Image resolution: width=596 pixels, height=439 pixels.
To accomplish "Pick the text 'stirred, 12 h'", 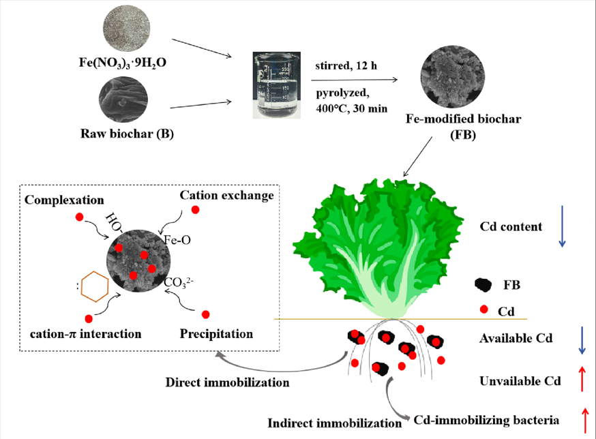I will click(x=346, y=66).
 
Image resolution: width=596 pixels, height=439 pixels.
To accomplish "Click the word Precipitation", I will click(x=216, y=334).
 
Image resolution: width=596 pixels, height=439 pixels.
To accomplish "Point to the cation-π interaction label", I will click(x=86, y=334).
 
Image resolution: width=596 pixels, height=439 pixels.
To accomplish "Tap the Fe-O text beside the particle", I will click(x=179, y=240).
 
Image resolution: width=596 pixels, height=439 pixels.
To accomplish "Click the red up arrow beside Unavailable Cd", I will click(x=582, y=379).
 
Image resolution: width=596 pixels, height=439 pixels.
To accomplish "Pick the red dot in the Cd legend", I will click(x=483, y=310).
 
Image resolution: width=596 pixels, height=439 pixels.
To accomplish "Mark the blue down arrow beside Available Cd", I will click(x=582, y=339).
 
